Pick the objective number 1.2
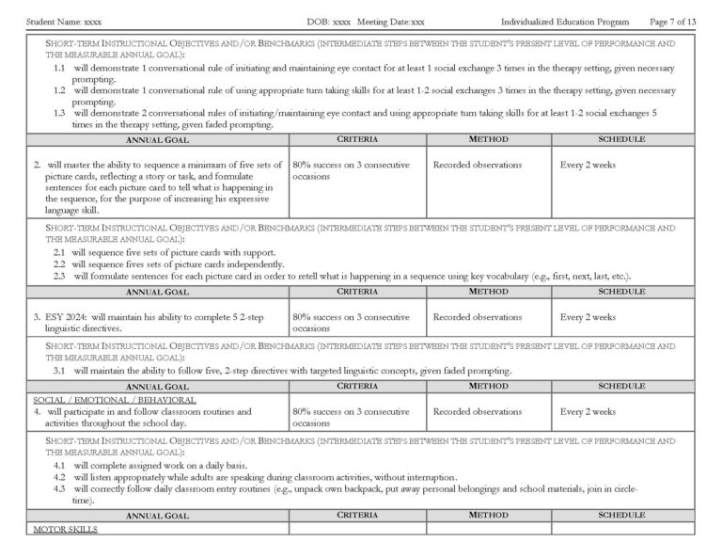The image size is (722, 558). click(59, 90)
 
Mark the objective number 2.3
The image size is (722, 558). click(59, 276)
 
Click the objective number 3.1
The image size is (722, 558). click(59, 371)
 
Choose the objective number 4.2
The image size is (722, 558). click(59, 477)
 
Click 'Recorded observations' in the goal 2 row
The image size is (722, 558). click(477, 165)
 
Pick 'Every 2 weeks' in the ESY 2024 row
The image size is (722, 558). click(588, 317)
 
